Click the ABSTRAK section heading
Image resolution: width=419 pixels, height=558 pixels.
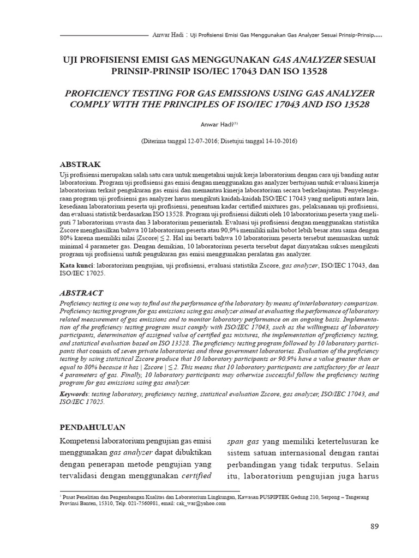click(x=80, y=163)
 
